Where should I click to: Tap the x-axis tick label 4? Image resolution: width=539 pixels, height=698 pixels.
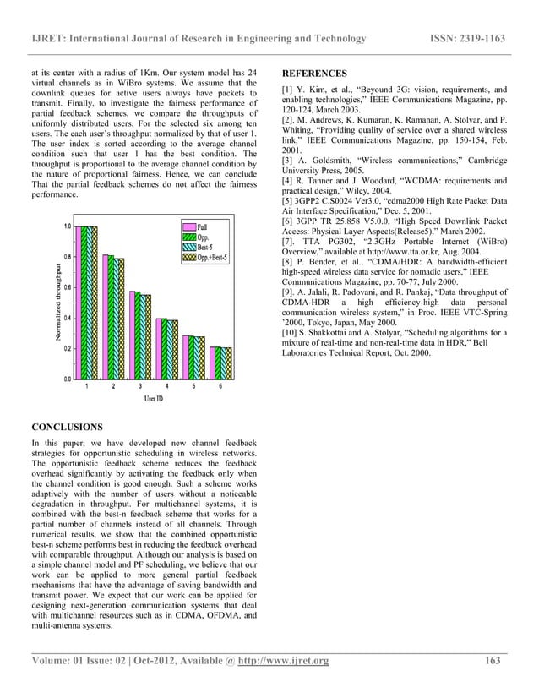pos(166,386)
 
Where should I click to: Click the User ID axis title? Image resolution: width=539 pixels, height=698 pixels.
pos(154,398)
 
